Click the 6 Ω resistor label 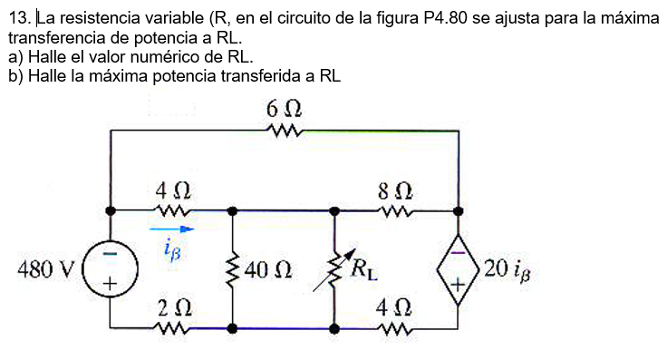coord(284,110)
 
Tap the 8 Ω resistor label coord(395,191)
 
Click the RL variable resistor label coord(363,268)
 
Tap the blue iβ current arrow coord(171,230)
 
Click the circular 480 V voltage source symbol coord(110,269)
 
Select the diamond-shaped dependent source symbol coord(459,269)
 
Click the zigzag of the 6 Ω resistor coord(284,131)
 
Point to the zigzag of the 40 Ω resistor coord(234,269)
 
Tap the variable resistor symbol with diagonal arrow coord(334,269)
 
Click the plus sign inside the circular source coord(110,285)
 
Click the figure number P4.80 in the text coord(452,17)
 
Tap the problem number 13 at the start coord(17,17)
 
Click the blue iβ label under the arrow coord(172,249)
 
